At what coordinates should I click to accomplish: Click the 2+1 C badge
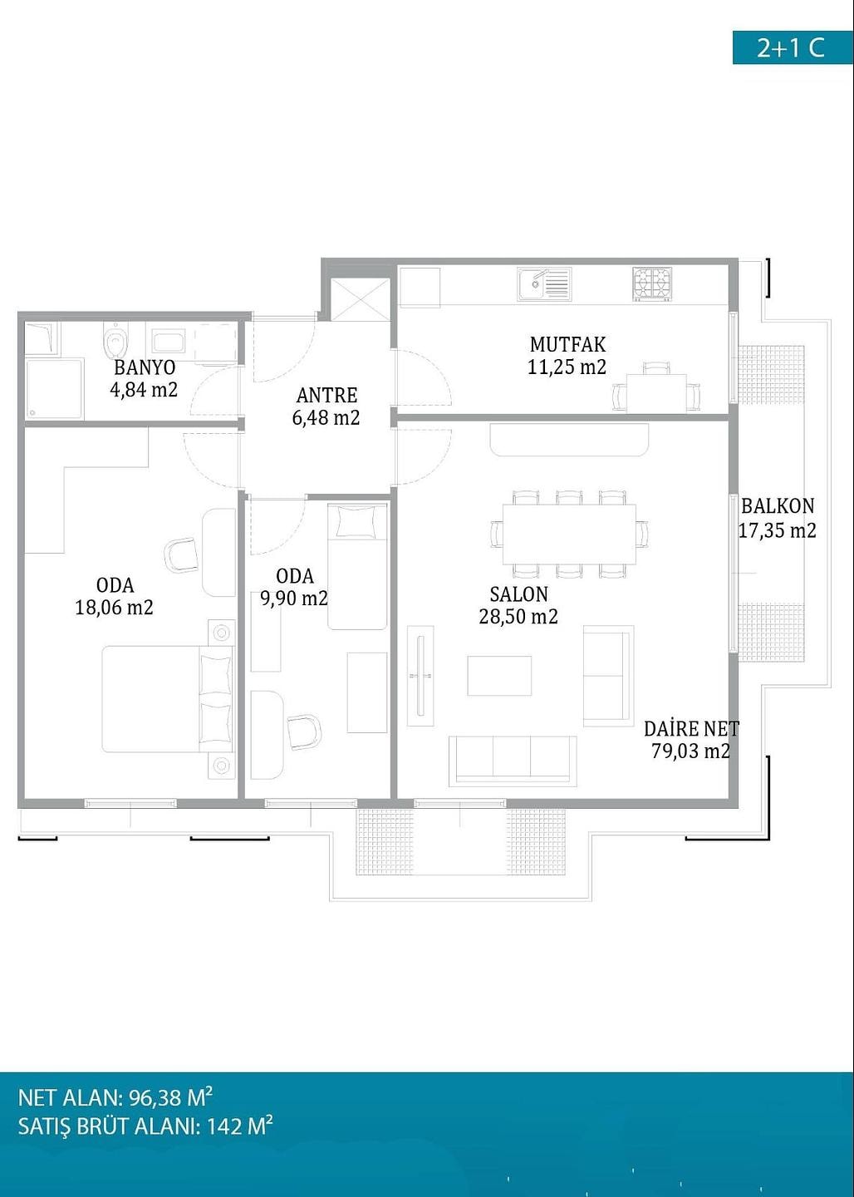coord(793,47)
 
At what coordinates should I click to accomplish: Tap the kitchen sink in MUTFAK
coord(543,283)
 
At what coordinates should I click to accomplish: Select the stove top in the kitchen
coord(652,283)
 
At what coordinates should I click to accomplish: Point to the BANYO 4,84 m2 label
coord(144,379)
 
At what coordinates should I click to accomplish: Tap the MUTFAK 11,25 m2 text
coord(567,356)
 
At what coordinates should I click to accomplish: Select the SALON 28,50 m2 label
coord(518,605)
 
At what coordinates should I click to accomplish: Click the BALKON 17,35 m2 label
coord(778,517)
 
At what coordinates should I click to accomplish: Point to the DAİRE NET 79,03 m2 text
coord(691,740)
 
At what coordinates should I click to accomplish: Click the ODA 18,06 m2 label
coord(115,596)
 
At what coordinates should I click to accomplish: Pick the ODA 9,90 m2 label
coord(294,587)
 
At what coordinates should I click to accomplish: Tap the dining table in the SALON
coord(569,534)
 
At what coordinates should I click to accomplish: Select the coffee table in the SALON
coord(499,676)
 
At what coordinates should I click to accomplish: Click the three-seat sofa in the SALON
coord(513,761)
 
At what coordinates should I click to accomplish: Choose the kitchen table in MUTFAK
coord(657,393)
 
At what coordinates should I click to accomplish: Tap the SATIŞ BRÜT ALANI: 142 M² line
coord(145,1126)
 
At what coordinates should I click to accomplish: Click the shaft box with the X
coord(360,300)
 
